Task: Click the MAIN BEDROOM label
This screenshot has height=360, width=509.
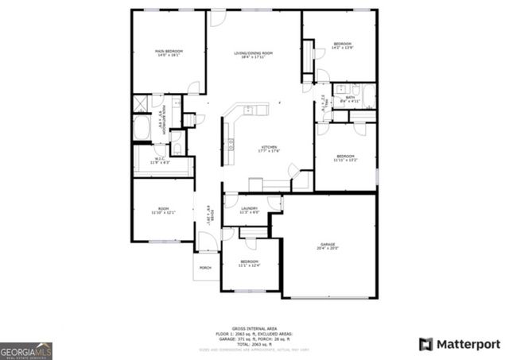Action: [168, 53]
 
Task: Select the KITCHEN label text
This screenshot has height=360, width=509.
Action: [269, 149]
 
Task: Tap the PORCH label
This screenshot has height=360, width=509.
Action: [205, 268]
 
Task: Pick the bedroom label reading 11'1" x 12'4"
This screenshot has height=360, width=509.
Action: [250, 262]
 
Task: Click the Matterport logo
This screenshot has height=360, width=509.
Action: [460, 344]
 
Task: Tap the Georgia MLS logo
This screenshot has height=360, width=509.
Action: [25, 350]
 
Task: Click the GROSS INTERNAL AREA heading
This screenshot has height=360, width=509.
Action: [254, 328]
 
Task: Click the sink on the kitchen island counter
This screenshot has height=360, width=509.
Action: [248, 110]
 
